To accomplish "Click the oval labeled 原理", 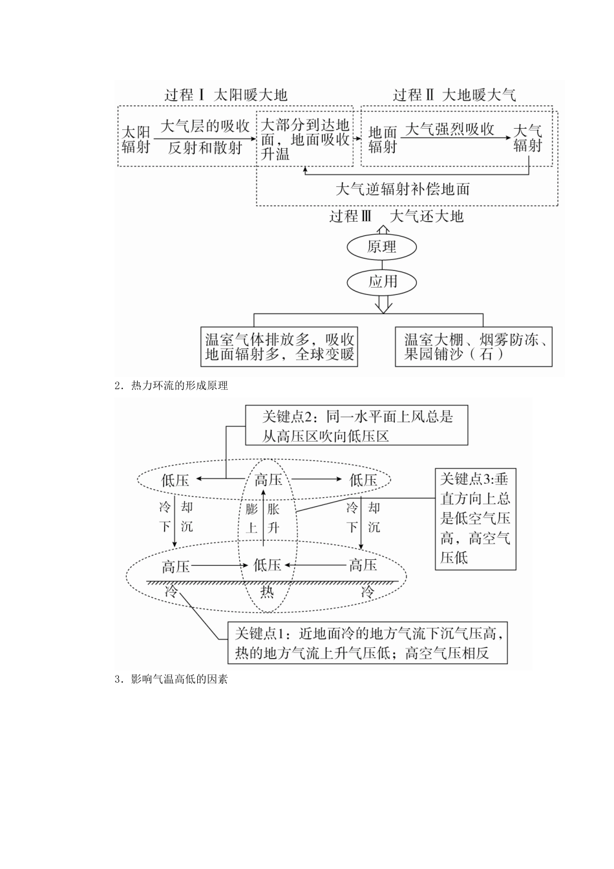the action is coord(382,247).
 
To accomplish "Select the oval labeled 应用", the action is coord(382,281).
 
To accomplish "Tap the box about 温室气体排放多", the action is coord(280,347).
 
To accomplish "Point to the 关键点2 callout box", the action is coord(356,425).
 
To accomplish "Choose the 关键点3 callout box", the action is coord(475,519).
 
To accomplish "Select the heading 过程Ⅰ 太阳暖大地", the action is coord(226,95).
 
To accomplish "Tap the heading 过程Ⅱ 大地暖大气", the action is coord(454,95).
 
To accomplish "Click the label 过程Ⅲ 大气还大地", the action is coord(396,217).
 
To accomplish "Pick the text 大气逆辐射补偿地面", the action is coord(403,189).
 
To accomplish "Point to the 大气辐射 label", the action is coord(527,138).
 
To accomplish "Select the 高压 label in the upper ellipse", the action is coord(268,480).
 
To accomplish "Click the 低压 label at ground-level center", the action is coord(267,566).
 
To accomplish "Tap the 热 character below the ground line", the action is coord(267,592).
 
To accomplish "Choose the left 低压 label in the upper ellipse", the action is coord(175,480).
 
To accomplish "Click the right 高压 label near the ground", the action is coord(363,566).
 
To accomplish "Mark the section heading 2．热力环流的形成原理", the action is coord(171,386).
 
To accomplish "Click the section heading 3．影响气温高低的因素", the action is coord(171,680).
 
